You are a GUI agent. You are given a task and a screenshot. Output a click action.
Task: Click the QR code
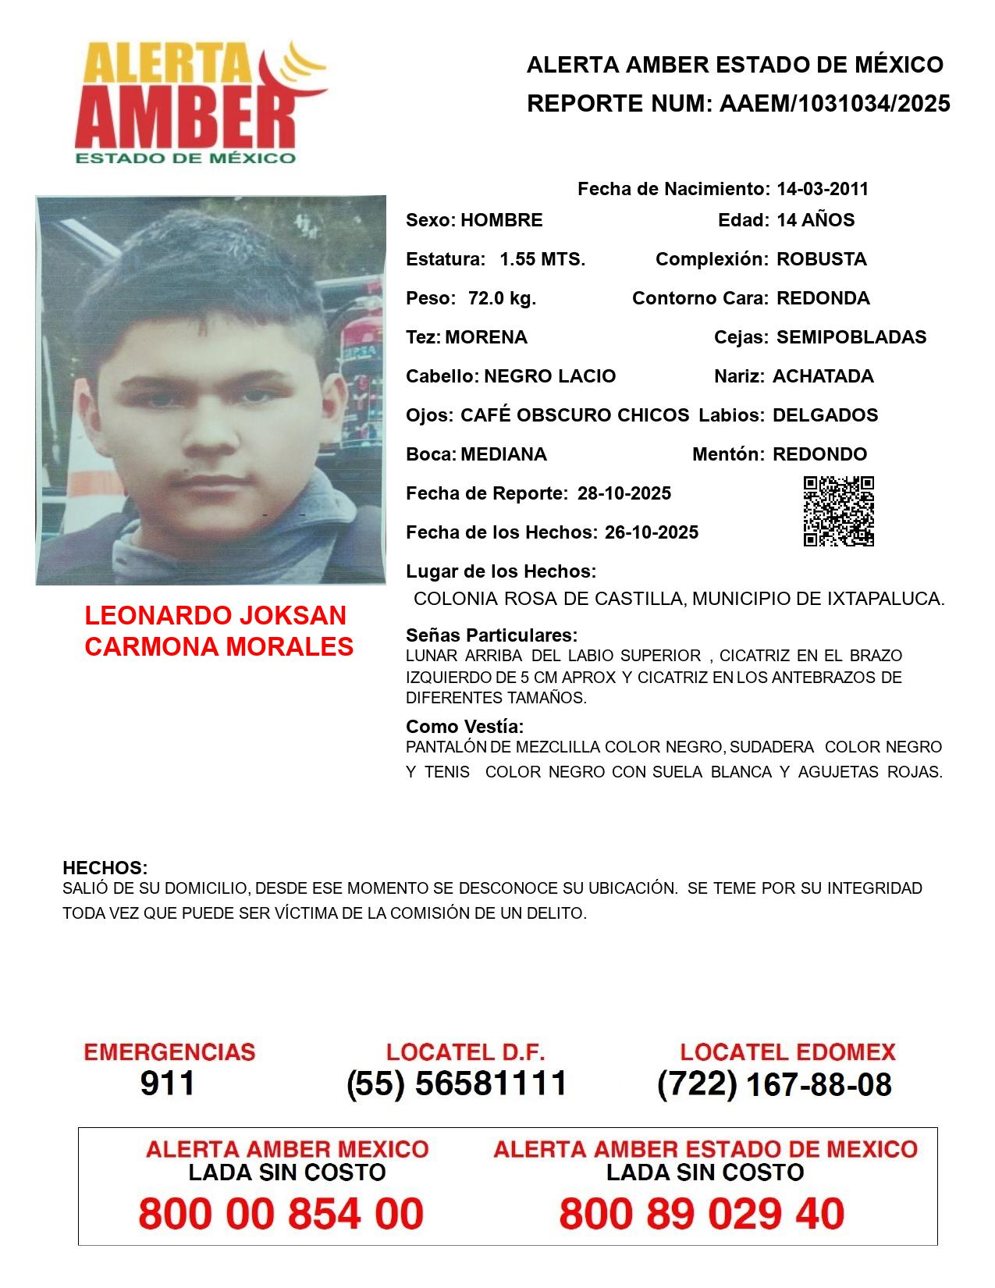pyautogui.click(x=839, y=511)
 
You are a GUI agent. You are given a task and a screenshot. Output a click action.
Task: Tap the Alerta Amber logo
pyautogui.click(x=199, y=101)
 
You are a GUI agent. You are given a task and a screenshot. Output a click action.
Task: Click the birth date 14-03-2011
pyautogui.click(x=823, y=189)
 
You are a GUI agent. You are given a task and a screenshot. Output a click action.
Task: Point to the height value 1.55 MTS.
pyautogui.click(x=542, y=259)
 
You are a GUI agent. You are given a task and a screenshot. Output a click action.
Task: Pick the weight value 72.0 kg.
pyautogui.click(x=502, y=298)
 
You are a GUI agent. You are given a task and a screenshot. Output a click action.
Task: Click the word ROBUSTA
pyautogui.click(x=822, y=259)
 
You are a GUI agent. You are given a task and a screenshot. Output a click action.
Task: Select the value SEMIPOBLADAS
pyautogui.click(x=851, y=337)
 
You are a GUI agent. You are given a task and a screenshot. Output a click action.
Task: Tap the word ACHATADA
pyautogui.click(x=823, y=376)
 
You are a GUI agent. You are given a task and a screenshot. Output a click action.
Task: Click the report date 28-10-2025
pyautogui.click(x=624, y=493)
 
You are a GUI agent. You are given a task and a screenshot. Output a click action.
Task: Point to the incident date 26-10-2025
pyautogui.click(x=652, y=532)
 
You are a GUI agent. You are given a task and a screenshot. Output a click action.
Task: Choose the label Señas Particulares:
pyautogui.click(x=492, y=635)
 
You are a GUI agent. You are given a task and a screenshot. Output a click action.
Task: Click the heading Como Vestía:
pyautogui.click(x=465, y=727)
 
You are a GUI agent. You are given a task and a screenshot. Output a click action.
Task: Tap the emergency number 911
pyautogui.click(x=168, y=1083)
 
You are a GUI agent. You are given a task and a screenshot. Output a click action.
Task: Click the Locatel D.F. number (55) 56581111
pyautogui.click(x=457, y=1083)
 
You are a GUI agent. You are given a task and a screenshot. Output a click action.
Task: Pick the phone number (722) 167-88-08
pyautogui.click(x=774, y=1084)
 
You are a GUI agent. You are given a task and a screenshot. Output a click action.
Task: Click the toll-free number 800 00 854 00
pyautogui.click(x=281, y=1214)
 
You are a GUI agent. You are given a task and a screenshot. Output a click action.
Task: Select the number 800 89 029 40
pyautogui.click(x=702, y=1214)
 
